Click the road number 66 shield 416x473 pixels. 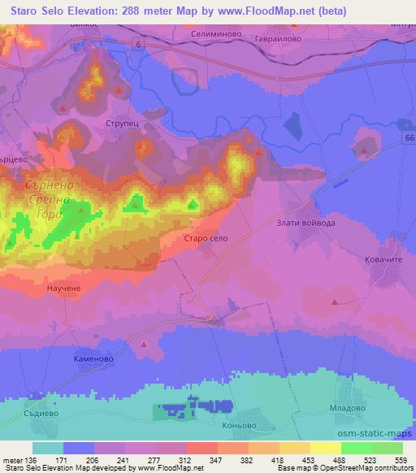(407, 139)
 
